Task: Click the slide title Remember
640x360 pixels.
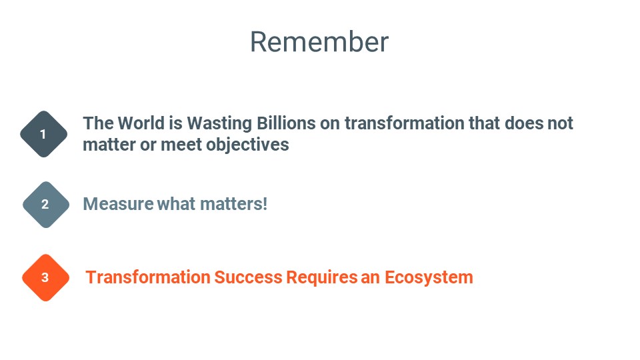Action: [x=319, y=42]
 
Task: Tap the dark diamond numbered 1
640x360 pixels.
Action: [x=44, y=134]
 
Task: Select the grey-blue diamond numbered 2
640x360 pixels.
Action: [x=46, y=205]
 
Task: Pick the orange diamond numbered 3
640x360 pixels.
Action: [x=46, y=277]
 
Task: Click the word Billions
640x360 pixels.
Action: [x=286, y=123]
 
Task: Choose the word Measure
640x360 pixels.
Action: [x=119, y=204]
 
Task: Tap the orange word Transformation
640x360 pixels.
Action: [x=148, y=277]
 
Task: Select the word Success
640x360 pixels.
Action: [x=248, y=277]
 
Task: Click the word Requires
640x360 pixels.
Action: [x=322, y=278]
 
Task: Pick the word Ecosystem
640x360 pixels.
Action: [x=429, y=278]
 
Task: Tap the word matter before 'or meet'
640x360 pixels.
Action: [x=109, y=145]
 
